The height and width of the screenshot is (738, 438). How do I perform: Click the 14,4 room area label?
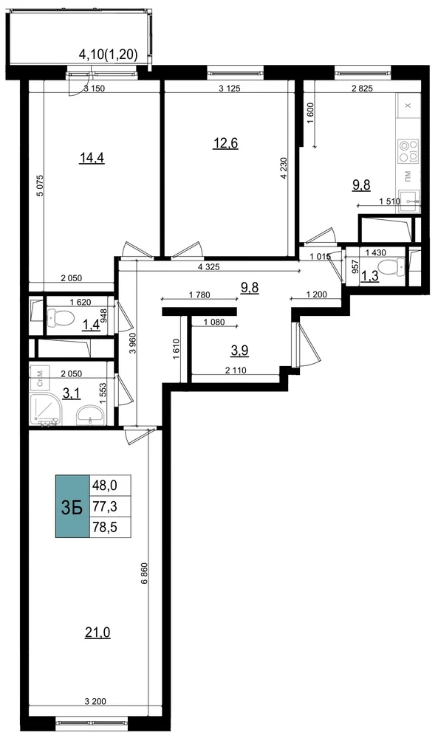coord(92,158)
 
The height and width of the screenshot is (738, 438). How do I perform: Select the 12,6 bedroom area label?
coord(225,142)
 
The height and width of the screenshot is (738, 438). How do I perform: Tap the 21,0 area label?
coord(97,633)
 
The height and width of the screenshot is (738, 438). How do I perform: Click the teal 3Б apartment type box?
coord(72,506)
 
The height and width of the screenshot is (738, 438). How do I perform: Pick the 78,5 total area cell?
coord(105,527)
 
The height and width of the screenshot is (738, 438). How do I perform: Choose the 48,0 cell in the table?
coord(105,485)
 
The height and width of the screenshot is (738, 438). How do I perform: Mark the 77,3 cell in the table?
coord(105,506)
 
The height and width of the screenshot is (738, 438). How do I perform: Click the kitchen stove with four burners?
coord(408,151)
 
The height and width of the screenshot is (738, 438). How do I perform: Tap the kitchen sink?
coord(408,201)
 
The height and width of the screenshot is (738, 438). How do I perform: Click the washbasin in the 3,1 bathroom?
coord(90,415)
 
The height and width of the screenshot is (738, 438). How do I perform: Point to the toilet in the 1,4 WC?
coord(61,319)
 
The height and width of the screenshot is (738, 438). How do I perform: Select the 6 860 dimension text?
coord(144,573)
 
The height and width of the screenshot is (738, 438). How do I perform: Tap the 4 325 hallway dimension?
coord(208,267)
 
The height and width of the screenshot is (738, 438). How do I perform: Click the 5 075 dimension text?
coord(40,186)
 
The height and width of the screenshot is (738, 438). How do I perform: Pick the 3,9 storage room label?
coord(240,350)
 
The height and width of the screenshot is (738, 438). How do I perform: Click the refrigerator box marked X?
coord(408,106)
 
